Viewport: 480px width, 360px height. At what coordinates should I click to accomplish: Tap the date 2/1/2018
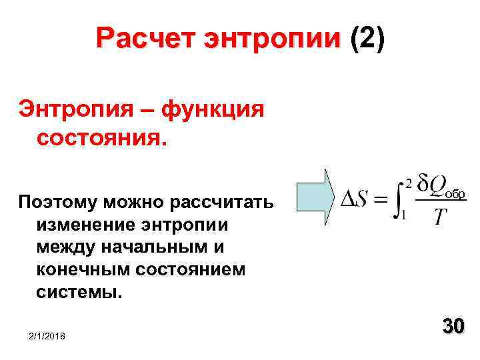tap(47, 338)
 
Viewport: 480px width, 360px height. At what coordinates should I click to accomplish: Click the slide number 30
tap(453, 327)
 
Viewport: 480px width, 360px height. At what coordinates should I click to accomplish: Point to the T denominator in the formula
tap(440, 217)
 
